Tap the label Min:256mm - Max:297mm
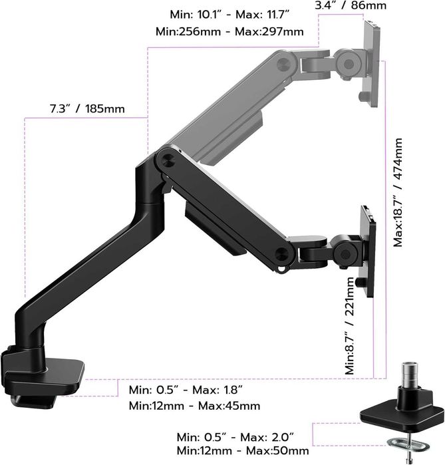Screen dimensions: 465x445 click(229, 31)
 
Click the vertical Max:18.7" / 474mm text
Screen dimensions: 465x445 click(398, 193)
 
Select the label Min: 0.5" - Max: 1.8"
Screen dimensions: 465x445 click(186, 389)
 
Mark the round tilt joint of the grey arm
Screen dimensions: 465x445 click(347, 62)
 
